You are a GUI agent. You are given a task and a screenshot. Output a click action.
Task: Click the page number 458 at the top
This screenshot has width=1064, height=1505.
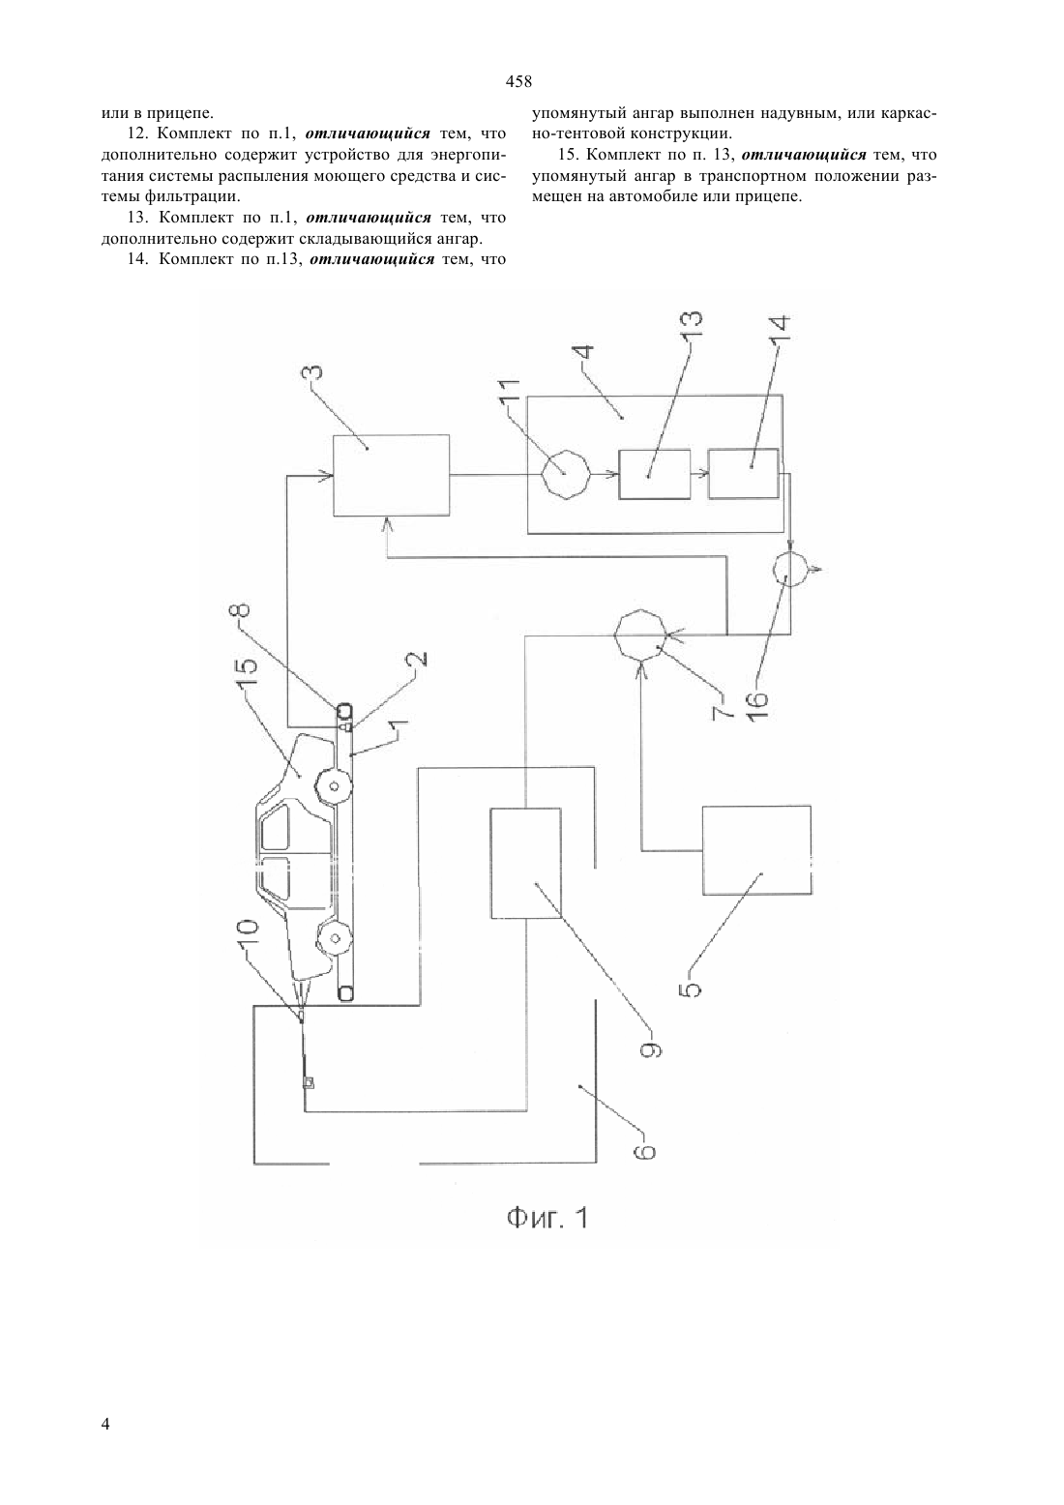click(x=518, y=82)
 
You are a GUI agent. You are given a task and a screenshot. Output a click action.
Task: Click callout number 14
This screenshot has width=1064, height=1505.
click(x=782, y=332)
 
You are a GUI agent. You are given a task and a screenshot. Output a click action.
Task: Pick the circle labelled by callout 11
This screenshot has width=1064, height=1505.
click(x=565, y=474)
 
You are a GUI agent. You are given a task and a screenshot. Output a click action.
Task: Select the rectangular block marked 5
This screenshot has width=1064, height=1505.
click(x=756, y=850)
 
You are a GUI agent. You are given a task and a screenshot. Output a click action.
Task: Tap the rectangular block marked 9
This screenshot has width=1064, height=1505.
click(x=526, y=864)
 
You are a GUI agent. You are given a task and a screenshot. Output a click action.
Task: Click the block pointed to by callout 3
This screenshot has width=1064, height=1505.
click(x=392, y=475)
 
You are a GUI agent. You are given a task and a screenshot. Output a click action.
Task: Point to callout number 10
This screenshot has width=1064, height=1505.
click(x=247, y=936)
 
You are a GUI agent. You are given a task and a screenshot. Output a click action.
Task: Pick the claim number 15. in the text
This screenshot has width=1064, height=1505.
click(x=569, y=155)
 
